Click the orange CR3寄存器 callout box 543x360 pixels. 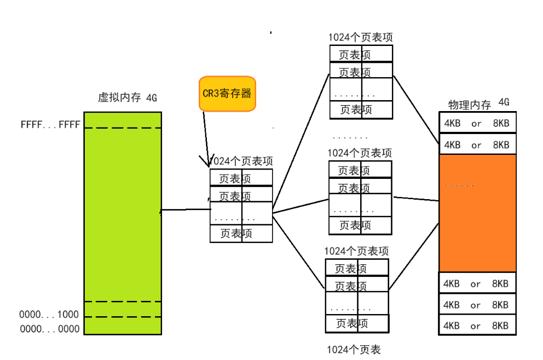(x=227, y=94)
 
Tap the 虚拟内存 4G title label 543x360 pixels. (x=128, y=98)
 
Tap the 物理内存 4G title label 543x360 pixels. (x=478, y=103)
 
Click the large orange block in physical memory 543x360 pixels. (x=477, y=213)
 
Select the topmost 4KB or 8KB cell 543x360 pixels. (x=477, y=124)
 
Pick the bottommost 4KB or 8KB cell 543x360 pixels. (x=477, y=326)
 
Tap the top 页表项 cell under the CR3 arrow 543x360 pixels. (x=241, y=178)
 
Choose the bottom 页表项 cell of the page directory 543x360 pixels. (x=241, y=234)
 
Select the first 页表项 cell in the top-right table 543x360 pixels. (x=361, y=54)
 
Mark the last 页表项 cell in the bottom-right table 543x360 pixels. (x=357, y=323)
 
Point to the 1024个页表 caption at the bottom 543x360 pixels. (x=353, y=350)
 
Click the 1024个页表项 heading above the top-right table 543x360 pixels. (x=360, y=38)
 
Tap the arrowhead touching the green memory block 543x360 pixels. (x=161, y=211)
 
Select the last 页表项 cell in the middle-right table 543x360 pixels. (x=360, y=225)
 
